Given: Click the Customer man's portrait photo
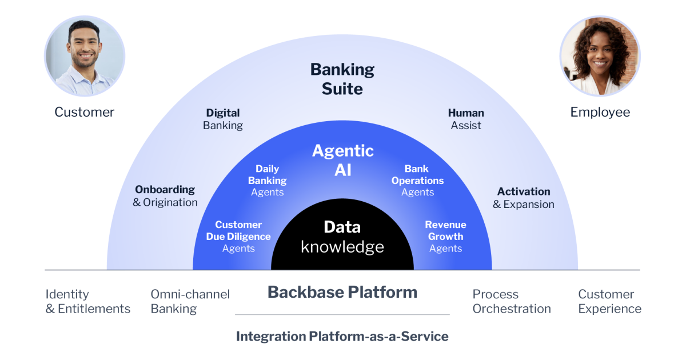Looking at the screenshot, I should coord(85,56).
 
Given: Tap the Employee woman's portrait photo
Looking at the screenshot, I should coord(600,56).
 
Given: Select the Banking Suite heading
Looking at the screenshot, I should coord(342,79).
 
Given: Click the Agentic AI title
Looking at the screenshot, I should coord(342,160).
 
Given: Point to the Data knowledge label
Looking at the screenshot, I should coord(342,237).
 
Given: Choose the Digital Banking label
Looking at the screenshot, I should coord(223,119).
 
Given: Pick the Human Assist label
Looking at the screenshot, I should coord(466,119).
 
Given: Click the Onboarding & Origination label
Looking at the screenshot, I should coord(165,195).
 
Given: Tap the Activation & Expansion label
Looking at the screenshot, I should coord(524,198).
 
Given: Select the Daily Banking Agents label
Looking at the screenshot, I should coord(268,181).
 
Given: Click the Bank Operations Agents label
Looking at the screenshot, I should coord(417,181).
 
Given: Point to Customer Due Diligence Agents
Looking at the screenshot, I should coord(238,237).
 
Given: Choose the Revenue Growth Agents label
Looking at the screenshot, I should coord(445,237).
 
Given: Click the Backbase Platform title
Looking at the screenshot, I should coord(342,293).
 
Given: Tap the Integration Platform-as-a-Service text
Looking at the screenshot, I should coord(342,337).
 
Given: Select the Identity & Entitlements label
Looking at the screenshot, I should coord(88,302).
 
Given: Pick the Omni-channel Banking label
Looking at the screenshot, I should coord(190,302).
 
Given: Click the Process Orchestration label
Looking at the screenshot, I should coord(511,302).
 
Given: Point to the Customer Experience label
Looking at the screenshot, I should coord(609,302).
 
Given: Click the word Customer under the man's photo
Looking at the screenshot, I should coord(85,112).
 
